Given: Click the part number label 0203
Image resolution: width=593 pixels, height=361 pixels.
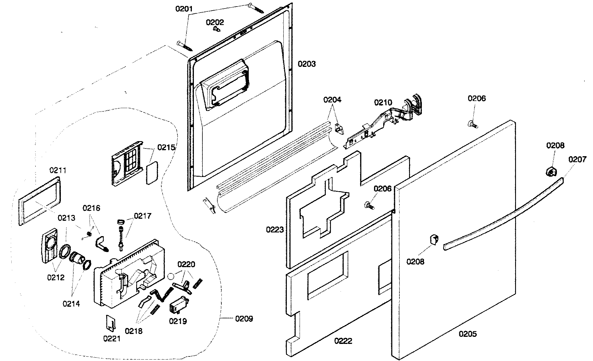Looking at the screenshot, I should click(306, 64).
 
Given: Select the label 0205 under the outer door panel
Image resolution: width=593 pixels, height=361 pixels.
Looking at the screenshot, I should click(468, 334).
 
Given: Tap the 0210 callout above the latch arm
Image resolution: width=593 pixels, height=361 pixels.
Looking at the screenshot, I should click(383, 102).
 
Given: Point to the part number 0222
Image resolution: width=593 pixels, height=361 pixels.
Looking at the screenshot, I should click(343, 341).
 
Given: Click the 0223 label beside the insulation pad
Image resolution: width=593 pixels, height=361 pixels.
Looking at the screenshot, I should click(275, 229).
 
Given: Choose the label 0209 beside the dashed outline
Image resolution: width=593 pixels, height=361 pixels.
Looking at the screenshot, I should click(244, 319).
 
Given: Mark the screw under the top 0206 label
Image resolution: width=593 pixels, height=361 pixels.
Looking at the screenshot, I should click(472, 124).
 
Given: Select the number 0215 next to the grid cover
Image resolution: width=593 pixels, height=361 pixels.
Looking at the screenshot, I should click(166, 147).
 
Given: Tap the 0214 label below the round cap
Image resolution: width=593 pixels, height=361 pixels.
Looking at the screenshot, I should click(71, 304).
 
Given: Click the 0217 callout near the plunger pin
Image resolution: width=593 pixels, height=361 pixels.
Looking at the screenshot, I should click(142, 216).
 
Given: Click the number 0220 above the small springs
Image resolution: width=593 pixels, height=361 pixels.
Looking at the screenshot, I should click(186, 265).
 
